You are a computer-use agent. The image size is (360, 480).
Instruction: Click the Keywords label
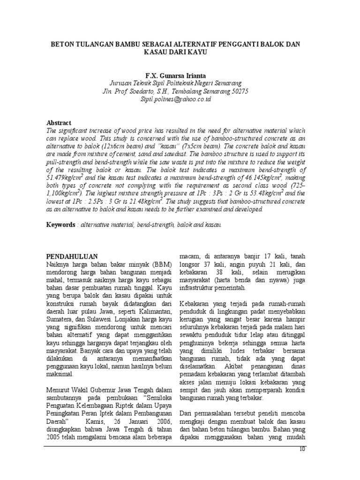click(x=60, y=225)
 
